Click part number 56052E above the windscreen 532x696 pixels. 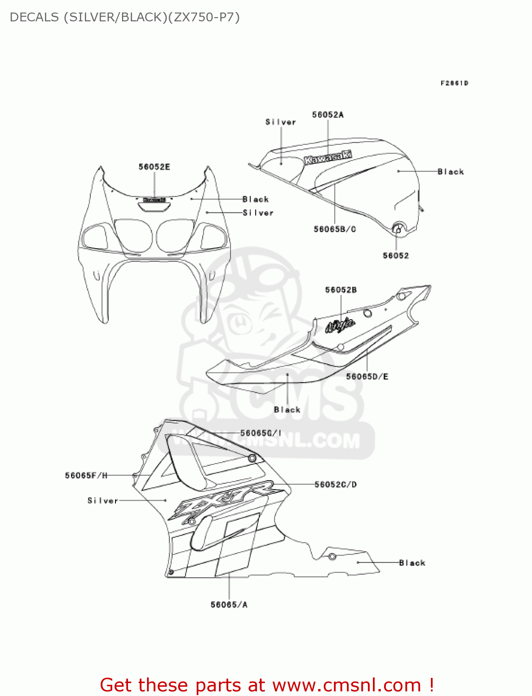(x=154, y=167)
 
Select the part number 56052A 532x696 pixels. (x=327, y=115)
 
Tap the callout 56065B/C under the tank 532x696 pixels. (x=334, y=229)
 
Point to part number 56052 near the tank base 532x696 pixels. (x=396, y=256)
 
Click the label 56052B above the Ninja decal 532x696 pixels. (x=341, y=290)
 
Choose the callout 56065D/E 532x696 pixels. (x=367, y=377)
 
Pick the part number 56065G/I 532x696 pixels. (x=261, y=433)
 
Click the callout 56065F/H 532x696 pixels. (x=86, y=476)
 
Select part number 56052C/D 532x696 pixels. (x=336, y=485)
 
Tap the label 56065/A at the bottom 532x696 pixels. (x=229, y=605)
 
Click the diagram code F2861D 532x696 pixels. (x=454, y=84)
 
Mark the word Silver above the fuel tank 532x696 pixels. (x=281, y=122)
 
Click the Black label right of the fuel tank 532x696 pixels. (x=450, y=172)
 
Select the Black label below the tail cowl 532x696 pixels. (x=287, y=410)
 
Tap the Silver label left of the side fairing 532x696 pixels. (x=103, y=501)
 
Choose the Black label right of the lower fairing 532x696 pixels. (x=412, y=563)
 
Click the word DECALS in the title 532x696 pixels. (x=34, y=17)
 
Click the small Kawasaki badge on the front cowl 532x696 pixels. (x=154, y=200)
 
